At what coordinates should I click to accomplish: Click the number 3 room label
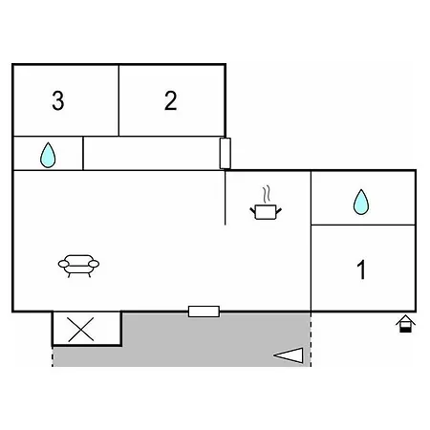pyautogui.click(x=58, y=100)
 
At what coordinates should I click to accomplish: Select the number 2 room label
pyautogui.click(x=171, y=100)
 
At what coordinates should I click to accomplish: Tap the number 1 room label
pyautogui.click(x=361, y=269)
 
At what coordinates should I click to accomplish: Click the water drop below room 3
pyautogui.click(x=48, y=155)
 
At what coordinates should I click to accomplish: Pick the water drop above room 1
pyautogui.click(x=361, y=202)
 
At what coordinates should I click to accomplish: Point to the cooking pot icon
pyautogui.click(x=266, y=212)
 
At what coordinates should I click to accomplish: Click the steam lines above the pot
pyautogui.click(x=267, y=194)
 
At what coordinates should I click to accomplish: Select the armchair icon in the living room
pyautogui.click(x=78, y=266)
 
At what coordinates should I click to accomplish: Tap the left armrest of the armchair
pyautogui.click(x=63, y=264)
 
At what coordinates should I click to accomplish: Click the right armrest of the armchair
pyautogui.click(x=94, y=264)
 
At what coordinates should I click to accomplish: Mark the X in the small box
pyautogui.click(x=81, y=330)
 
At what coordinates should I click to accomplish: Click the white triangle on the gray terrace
pyautogui.click(x=289, y=355)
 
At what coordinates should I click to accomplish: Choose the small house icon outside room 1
pyautogui.click(x=405, y=324)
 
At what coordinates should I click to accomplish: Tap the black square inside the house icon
pyautogui.click(x=405, y=330)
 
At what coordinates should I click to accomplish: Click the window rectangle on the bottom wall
pyautogui.click(x=204, y=312)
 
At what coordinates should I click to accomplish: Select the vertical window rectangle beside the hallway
pyautogui.click(x=226, y=153)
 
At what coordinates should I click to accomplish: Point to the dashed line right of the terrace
pyautogui.click(x=311, y=339)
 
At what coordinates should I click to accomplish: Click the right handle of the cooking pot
pyautogui.click(x=278, y=211)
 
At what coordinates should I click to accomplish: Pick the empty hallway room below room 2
pyautogui.click(x=152, y=153)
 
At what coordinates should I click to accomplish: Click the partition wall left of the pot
pyautogui.click(x=226, y=198)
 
